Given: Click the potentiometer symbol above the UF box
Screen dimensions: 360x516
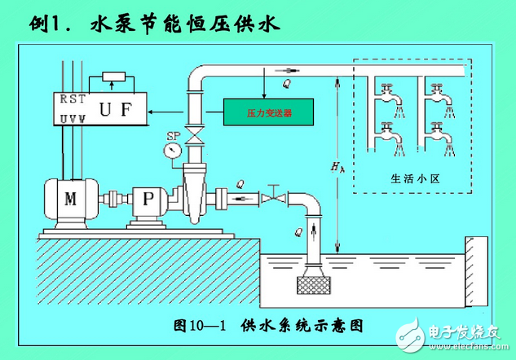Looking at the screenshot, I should (x=113, y=78).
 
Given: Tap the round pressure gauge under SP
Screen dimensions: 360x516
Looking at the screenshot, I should (x=171, y=151).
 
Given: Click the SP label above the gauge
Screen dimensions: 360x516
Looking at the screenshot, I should (x=172, y=135).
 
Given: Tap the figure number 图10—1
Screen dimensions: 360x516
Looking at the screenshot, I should (x=202, y=324).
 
